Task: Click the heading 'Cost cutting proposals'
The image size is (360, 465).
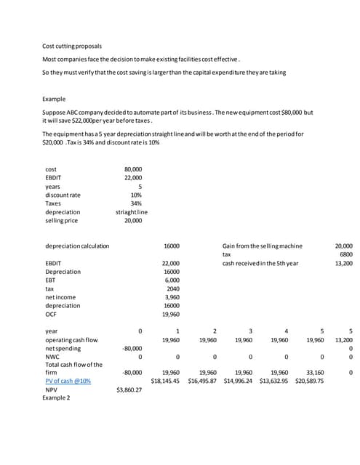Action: click(72, 46)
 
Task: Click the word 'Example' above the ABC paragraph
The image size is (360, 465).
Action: click(55, 99)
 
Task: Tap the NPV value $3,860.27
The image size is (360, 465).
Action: click(129, 389)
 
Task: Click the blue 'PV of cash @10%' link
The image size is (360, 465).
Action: click(68, 380)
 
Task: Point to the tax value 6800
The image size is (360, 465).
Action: click(345, 254)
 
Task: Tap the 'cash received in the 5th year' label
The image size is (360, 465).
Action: click(260, 263)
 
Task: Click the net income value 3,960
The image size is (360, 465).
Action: click(172, 297)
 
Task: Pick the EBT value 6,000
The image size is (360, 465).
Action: click(172, 280)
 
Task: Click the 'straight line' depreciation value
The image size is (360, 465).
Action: click(132, 211)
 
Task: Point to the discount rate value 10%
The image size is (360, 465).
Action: click(135, 194)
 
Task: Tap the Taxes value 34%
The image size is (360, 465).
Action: click(135, 203)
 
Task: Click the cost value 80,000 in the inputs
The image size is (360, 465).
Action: click(133, 169)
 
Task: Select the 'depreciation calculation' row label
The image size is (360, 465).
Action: click(77, 246)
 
